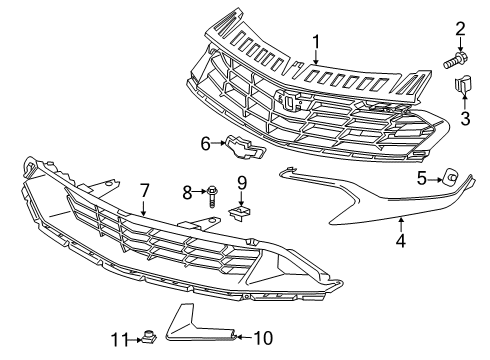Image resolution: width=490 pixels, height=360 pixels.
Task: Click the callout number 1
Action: [x=315, y=42]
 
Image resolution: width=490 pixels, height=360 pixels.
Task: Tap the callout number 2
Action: [x=461, y=27]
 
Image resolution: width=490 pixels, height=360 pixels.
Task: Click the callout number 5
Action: [x=422, y=179]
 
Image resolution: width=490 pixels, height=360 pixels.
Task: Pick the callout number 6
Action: [x=207, y=144]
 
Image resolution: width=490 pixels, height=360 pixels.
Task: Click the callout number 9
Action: [x=241, y=182]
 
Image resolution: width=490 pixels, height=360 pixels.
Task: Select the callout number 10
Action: [x=262, y=338]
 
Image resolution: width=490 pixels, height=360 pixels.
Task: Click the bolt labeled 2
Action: [x=457, y=59]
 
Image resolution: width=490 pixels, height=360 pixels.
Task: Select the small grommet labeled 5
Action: [x=451, y=178]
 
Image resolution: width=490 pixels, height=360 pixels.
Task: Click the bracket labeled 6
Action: [x=241, y=148]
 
